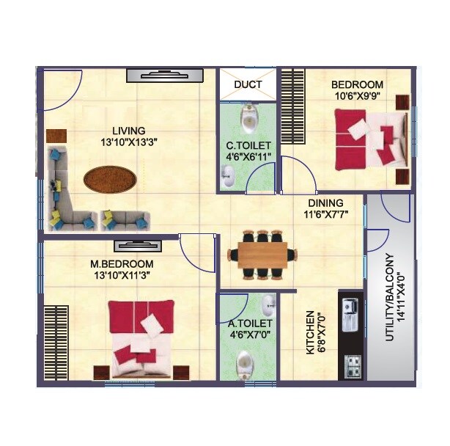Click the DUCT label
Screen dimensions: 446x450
(248, 84)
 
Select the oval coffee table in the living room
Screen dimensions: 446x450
(109, 178)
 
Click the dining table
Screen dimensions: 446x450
(262, 255)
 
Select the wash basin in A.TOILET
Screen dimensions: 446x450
(268, 301)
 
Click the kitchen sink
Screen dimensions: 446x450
(350, 314)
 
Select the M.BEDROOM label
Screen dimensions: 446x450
(122, 264)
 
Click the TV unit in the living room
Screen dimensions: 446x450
(164, 74)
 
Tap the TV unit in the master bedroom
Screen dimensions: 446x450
(133, 246)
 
